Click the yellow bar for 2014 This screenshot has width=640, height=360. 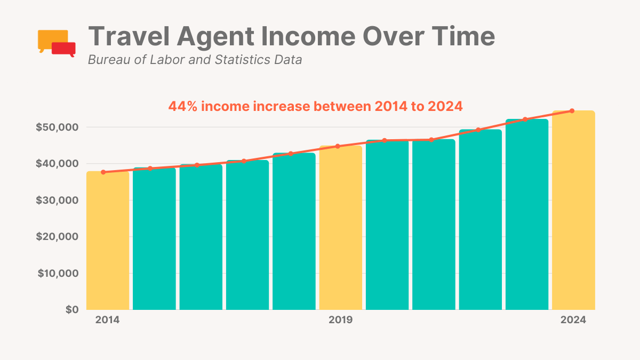tap(107, 240)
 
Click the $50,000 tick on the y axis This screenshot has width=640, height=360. tap(57, 127)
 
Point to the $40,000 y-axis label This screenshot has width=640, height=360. tap(57, 164)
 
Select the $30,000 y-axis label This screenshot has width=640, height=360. tap(57, 201)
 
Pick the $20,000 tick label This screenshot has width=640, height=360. tap(57, 237)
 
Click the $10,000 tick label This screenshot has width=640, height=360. tap(57, 274)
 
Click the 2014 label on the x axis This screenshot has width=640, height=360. tap(107, 321)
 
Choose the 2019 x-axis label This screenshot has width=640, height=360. tap(340, 321)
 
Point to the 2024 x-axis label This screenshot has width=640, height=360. tap(573, 321)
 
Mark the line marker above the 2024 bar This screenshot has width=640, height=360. tap(572, 111)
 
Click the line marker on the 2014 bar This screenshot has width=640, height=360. tap(103, 172)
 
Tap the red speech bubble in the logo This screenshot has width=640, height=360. tap(63, 49)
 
